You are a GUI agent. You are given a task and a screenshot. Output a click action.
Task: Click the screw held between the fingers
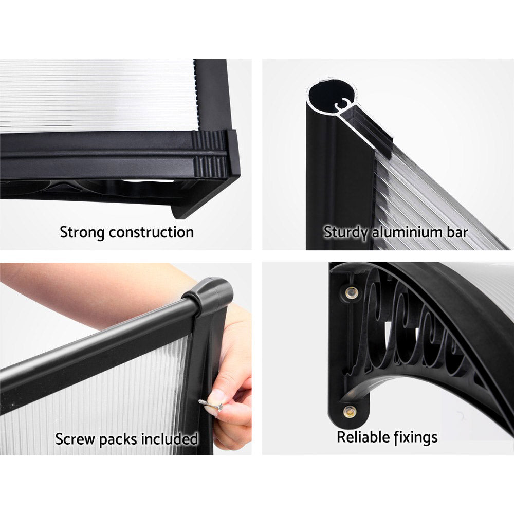211,406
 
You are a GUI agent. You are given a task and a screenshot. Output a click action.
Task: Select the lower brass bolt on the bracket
350,411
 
